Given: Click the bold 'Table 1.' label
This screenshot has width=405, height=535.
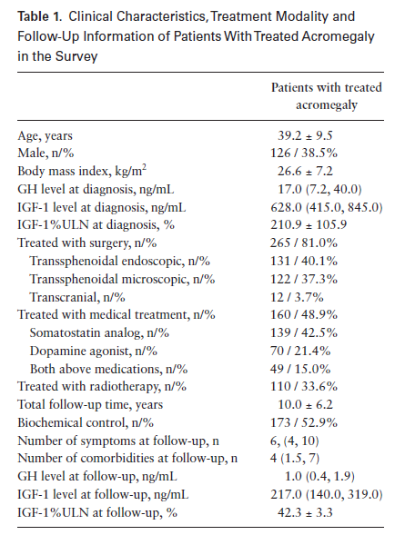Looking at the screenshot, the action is click(40, 16).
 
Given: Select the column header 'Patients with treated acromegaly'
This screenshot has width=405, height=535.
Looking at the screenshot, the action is click(327, 96).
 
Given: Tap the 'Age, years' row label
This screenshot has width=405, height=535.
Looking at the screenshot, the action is click(46, 136).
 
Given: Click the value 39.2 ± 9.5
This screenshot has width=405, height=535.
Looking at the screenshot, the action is click(305, 136).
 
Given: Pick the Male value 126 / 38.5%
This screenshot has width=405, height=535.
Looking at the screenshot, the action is click(304, 153).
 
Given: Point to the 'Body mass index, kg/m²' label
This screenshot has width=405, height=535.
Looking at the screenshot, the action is click(82, 171).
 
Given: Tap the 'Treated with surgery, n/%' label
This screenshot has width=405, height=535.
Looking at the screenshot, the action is click(87, 243).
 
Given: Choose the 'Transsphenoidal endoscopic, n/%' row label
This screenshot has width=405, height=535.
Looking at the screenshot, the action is click(119, 261).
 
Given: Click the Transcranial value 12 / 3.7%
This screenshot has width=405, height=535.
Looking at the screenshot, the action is click(297, 297).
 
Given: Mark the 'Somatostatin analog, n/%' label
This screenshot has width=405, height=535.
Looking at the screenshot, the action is click(99, 332).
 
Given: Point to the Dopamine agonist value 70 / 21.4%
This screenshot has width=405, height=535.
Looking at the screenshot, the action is click(300, 351).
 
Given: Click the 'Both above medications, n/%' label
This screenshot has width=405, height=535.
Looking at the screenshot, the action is click(108, 369).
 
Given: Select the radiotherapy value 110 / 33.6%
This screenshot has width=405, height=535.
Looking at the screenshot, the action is click(304, 386).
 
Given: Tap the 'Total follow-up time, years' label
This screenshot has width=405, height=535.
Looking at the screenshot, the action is click(90, 405).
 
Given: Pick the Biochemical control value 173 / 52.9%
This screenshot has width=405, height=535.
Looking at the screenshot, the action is click(304, 422).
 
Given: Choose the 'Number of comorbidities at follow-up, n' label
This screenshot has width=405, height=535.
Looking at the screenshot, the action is click(127, 458).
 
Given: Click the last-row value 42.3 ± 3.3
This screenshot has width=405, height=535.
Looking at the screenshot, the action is click(305, 512).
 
